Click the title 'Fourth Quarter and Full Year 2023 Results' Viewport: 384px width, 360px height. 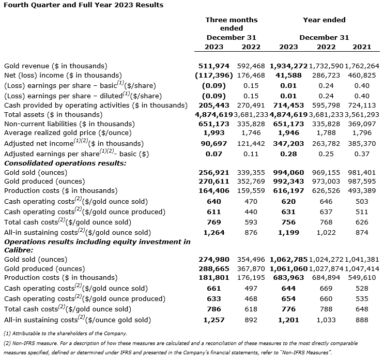[83, 5]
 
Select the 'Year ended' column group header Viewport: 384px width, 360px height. [324, 20]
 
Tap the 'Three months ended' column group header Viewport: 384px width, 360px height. [231, 24]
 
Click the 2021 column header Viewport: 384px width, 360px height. [362, 47]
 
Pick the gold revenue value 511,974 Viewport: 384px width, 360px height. [214, 66]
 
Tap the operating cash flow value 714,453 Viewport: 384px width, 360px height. [288, 105]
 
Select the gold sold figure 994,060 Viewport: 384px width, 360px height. [288, 172]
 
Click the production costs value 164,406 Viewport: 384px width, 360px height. [214, 191]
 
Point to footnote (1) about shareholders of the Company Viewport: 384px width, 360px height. [65, 333]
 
